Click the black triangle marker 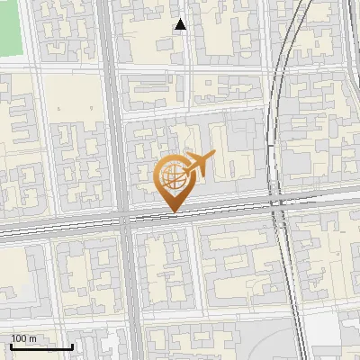180,24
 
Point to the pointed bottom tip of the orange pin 173,212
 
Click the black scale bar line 40,346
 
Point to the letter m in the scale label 33,337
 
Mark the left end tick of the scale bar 10,345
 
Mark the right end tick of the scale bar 72,345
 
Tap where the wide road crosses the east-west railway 124,219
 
